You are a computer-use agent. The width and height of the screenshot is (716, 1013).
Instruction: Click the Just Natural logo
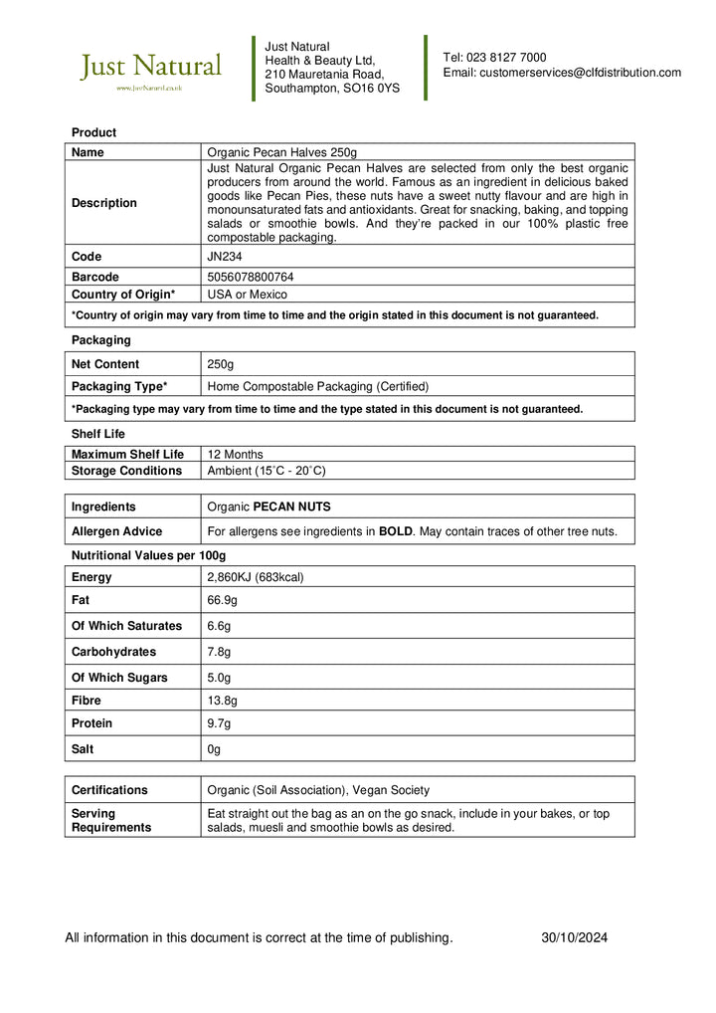(150, 70)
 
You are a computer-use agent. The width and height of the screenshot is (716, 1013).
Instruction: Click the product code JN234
(224, 257)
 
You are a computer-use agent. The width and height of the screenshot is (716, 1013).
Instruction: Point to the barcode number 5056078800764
(250, 277)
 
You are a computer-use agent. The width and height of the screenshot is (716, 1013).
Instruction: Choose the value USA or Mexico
(247, 295)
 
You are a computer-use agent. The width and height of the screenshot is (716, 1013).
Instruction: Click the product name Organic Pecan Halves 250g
(281, 152)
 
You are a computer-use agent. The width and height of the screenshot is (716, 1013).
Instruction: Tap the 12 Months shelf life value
(235, 454)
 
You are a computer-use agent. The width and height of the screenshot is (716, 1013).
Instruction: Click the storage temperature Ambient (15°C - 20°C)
(266, 471)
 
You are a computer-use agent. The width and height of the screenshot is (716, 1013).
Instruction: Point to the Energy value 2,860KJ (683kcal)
(255, 577)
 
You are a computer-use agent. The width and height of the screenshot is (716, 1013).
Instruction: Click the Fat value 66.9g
(222, 600)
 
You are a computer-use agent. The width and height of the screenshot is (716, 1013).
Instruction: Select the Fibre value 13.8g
(222, 701)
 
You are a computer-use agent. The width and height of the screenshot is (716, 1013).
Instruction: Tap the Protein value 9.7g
(219, 723)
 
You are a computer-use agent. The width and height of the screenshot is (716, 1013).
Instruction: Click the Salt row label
(84, 749)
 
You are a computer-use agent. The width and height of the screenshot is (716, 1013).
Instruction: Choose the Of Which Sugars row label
(119, 678)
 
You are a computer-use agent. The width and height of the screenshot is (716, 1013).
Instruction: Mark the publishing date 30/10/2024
(574, 937)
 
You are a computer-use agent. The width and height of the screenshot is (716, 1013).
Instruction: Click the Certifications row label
(109, 790)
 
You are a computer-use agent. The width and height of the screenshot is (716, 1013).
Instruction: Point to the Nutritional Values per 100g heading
(148, 555)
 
